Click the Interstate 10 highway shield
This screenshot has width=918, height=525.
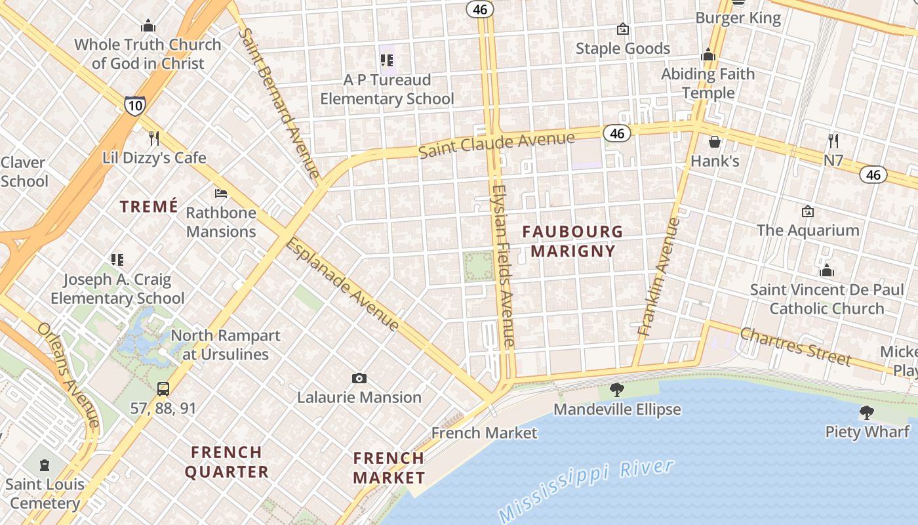pyautogui.click(x=134, y=105)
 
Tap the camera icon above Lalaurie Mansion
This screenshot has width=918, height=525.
pyautogui.click(x=359, y=378)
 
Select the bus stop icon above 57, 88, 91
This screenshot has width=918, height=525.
pyautogui.click(x=163, y=388)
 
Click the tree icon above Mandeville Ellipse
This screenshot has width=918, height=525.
pyautogui.click(x=616, y=390)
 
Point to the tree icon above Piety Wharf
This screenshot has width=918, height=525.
pyautogui.click(x=866, y=412)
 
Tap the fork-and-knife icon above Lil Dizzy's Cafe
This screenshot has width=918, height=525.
pyautogui.click(x=154, y=138)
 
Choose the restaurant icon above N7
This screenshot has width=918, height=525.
pyautogui.click(x=833, y=140)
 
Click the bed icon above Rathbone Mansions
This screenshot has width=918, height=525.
pyautogui.click(x=221, y=194)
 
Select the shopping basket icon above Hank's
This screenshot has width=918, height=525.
pyautogui.click(x=715, y=142)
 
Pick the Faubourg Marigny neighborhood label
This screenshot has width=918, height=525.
pyautogui.click(x=573, y=241)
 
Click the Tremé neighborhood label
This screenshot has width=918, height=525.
pyautogui.click(x=149, y=207)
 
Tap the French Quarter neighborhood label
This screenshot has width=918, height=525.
pyautogui.click(x=227, y=462)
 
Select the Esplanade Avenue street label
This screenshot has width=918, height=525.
pyautogui.click(x=343, y=283)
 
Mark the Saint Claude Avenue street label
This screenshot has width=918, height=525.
pyautogui.click(x=496, y=145)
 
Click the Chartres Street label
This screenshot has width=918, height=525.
pyautogui.click(x=795, y=346)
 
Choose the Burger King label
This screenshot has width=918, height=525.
pyautogui.click(x=738, y=18)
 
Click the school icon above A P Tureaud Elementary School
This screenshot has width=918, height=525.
pyautogui.click(x=387, y=60)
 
